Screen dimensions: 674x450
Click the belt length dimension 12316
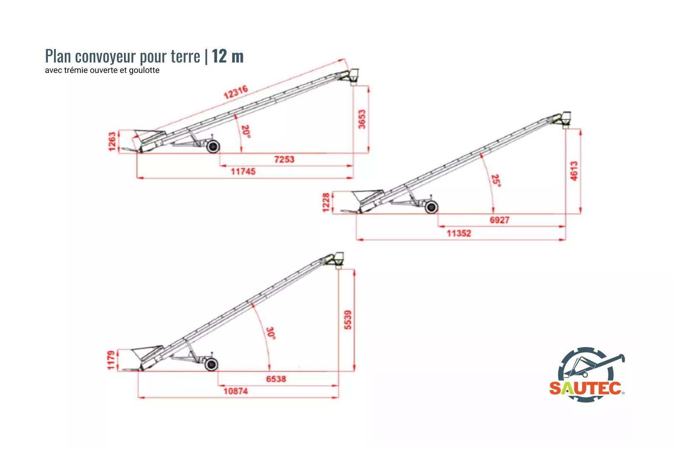pyautogui.click(x=236, y=92)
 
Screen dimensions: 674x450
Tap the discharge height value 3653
pyautogui.click(x=362, y=119)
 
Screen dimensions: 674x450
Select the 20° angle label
pyautogui.click(x=246, y=132)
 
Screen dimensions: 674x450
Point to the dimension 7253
pyautogui.click(x=284, y=159)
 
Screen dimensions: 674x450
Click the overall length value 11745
pyautogui.click(x=243, y=172)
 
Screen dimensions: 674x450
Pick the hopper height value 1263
pyautogui.click(x=112, y=141)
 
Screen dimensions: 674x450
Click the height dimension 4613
pyautogui.click(x=574, y=171)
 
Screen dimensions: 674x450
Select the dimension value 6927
pyautogui.click(x=500, y=220)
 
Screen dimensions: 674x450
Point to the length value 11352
pyautogui.click(x=459, y=233)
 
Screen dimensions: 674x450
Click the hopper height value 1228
pyautogui.click(x=326, y=202)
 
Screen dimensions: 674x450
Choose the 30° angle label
pyautogui.click(x=271, y=333)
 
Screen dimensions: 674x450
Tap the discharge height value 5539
pyautogui.click(x=347, y=320)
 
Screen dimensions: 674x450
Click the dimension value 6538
pyautogui.click(x=276, y=379)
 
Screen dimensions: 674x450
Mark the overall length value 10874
pyautogui.click(x=235, y=391)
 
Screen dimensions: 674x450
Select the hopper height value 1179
pyautogui.click(x=111, y=360)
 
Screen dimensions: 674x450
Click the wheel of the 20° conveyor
pyautogui.click(x=213, y=147)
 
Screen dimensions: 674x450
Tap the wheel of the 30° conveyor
pyautogui.click(x=211, y=365)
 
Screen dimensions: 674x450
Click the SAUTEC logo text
pyautogui.click(x=585, y=388)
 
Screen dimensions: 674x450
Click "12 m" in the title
pyautogui.click(x=228, y=56)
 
